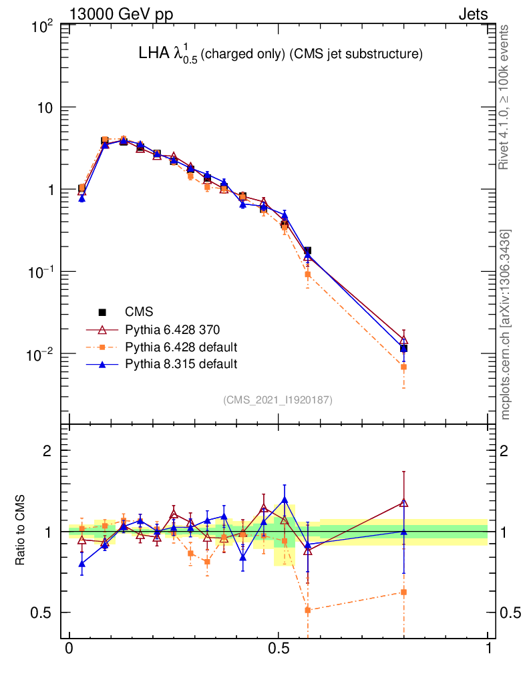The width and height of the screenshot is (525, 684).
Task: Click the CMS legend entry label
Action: pyautogui.click(x=139, y=311)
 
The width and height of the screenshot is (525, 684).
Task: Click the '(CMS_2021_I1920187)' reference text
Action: pyautogui.click(x=278, y=400)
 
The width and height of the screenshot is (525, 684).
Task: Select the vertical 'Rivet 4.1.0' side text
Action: pyautogui.click(x=505, y=97)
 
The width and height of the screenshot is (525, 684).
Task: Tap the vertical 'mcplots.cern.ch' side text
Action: pyautogui.click(x=505, y=324)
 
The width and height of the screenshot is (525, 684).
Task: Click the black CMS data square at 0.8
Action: pyautogui.click(x=403, y=348)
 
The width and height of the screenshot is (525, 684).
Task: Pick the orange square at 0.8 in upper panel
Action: pyautogui.click(x=403, y=367)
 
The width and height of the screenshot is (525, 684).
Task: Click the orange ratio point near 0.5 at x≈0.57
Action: pyautogui.click(x=308, y=610)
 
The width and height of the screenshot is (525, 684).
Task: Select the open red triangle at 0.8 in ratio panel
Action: pyautogui.click(x=403, y=503)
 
